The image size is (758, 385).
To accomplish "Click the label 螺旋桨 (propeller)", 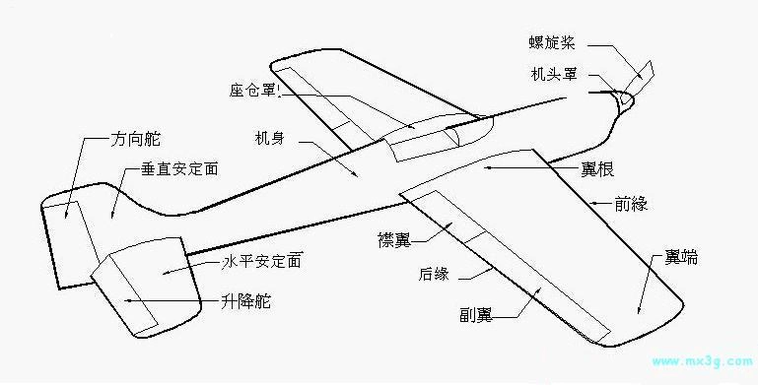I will (557, 44).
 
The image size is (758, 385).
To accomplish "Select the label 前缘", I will (631, 204).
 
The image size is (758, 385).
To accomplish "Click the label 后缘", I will (434, 274).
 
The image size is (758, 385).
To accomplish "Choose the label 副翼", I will (475, 315).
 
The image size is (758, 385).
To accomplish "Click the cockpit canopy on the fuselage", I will (434, 135).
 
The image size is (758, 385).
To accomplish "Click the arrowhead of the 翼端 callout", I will (640, 312).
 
